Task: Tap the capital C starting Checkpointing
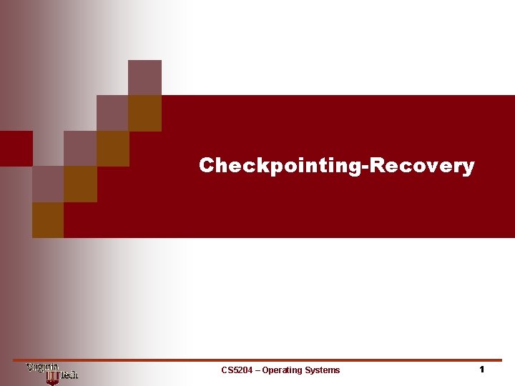coord(207,166)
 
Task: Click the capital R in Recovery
coord(377,166)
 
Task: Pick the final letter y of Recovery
coord(469,168)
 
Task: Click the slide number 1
coord(482,370)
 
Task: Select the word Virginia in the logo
coord(42,367)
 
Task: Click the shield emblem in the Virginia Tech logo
coord(51,376)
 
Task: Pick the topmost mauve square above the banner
coord(144,77)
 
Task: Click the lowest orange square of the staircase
coord(48,220)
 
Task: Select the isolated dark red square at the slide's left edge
coord(16,149)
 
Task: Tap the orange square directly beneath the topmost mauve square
coord(144,113)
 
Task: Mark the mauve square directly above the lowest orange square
coord(48,184)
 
